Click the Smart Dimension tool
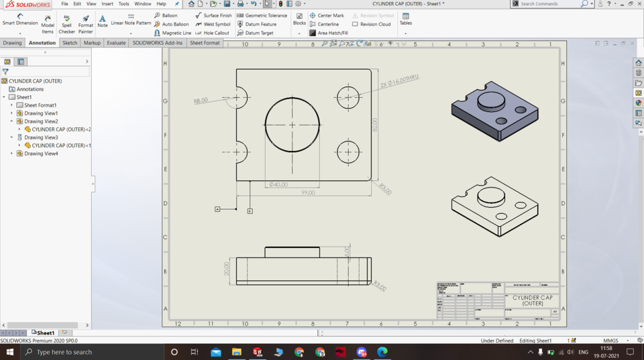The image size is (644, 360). click(19, 19)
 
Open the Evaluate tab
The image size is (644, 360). click(116, 43)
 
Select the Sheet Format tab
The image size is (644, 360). click(205, 43)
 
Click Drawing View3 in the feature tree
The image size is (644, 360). click(41, 137)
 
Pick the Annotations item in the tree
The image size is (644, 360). click(30, 89)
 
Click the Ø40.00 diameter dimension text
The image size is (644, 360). click(278, 184)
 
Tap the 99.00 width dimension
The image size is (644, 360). click(307, 192)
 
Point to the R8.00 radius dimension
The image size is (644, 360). click(201, 101)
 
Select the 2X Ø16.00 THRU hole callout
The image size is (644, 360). click(398, 81)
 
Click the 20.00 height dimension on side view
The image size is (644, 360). click(227, 269)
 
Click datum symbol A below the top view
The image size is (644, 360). click(217, 209)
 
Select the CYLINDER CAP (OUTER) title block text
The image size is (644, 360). click(532, 300)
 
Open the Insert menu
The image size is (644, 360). click(107, 4)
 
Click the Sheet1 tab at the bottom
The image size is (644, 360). click(45, 333)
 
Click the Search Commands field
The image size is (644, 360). click(549, 4)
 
